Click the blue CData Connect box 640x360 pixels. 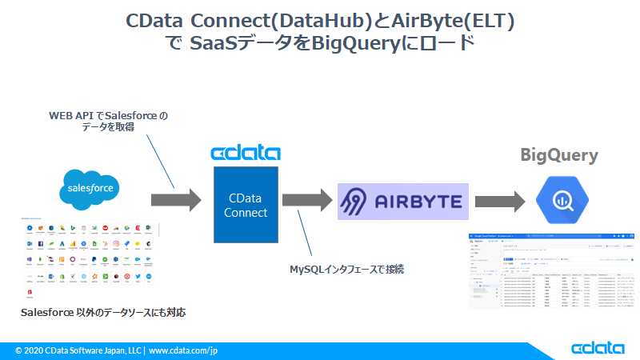(246, 205)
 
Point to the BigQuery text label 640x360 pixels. (559, 155)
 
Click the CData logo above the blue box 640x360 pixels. (245, 153)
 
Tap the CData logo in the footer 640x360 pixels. (598, 349)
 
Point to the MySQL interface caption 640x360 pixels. (346, 270)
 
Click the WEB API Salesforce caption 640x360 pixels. (109, 122)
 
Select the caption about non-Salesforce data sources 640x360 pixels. (104, 312)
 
